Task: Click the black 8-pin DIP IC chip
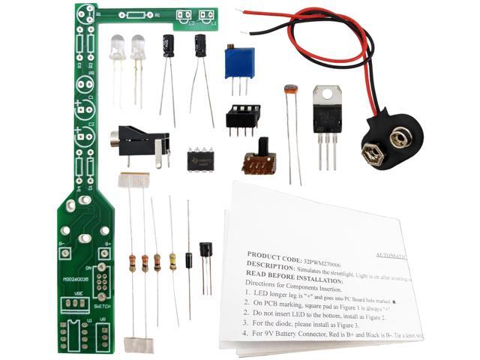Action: point(200,158)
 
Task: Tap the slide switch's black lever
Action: point(263,145)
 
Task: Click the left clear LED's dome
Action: point(118,47)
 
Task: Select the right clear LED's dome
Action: point(138,47)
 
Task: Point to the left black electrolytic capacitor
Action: point(169,46)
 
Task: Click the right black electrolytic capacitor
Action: point(200,44)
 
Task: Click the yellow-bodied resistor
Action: point(172,261)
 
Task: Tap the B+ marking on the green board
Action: point(107,244)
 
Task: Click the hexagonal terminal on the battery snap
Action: point(371,154)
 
